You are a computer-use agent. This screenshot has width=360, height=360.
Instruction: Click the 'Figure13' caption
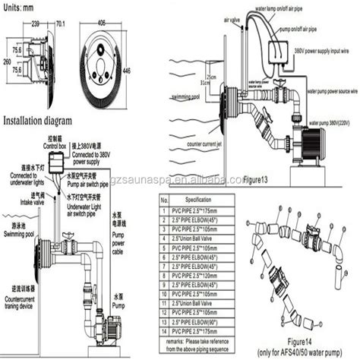[255, 182]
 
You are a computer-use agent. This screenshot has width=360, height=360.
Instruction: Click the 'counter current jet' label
[224, 143]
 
